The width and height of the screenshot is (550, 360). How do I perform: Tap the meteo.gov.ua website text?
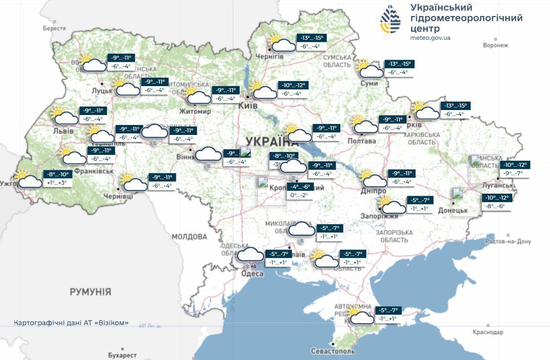[x=430, y=37]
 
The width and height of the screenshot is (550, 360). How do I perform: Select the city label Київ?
[x=248, y=106]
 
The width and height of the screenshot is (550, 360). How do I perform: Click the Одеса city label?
[x=253, y=274]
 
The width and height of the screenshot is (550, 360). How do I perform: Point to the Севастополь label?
[x=333, y=351]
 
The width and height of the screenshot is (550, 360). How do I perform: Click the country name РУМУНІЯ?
[x=90, y=291]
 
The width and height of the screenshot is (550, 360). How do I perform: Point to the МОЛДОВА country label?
[x=189, y=237]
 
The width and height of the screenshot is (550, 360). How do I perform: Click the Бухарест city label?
[x=122, y=355]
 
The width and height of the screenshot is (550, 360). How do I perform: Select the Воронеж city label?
[x=496, y=45]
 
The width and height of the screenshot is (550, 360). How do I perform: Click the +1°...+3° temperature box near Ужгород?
[x=57, y=183]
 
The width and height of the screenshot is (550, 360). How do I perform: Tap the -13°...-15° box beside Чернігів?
[x=312, y=38]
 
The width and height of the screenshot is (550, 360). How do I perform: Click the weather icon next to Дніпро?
[x=373, y=178]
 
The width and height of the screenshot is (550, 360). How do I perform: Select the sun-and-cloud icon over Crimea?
[x=360, y=316]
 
